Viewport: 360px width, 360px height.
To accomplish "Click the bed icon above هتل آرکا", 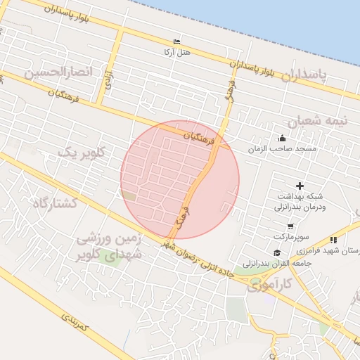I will coord(176,41).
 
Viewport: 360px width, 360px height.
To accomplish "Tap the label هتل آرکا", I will coord(176,52).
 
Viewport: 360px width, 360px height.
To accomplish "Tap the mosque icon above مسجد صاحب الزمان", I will coord(282,138).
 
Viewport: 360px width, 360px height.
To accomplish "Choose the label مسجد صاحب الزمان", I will coord(282,149).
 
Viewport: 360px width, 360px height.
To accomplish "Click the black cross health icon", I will coord(300,186).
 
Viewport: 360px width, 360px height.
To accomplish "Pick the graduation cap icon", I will coord(276,252).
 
